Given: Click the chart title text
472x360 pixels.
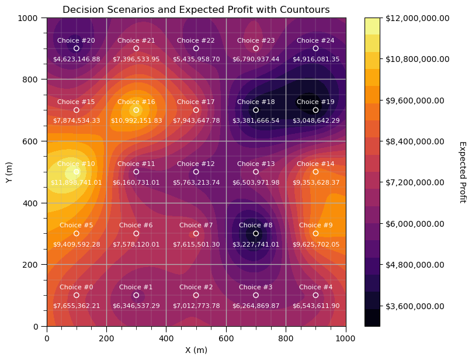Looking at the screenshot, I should (196, 10).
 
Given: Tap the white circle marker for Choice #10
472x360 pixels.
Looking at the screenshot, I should (77, 172).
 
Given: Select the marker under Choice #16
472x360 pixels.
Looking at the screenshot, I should (136, 110).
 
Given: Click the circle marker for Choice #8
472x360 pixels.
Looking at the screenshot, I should (256, 233).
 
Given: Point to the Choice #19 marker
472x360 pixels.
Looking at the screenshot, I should (315, 110).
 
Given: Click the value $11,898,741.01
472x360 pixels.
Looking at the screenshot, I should (77, 182).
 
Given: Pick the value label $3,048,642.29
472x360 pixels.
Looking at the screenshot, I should (315, 120).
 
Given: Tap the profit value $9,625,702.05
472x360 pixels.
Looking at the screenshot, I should (315, 244).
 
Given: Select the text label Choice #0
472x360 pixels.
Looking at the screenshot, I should (77, 287).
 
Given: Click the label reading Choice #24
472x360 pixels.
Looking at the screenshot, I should (315, 40).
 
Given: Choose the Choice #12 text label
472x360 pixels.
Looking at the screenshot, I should (196, 164).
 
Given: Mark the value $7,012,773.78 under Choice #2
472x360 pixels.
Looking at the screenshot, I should (196, 306).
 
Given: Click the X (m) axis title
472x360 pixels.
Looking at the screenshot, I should (196, 350).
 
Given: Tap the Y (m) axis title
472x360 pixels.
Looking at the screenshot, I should (9, 172).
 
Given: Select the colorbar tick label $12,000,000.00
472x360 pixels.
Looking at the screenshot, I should (417, 18).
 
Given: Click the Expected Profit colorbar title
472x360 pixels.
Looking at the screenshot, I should (462, 172).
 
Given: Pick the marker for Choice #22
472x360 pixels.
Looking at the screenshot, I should (196, 49).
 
